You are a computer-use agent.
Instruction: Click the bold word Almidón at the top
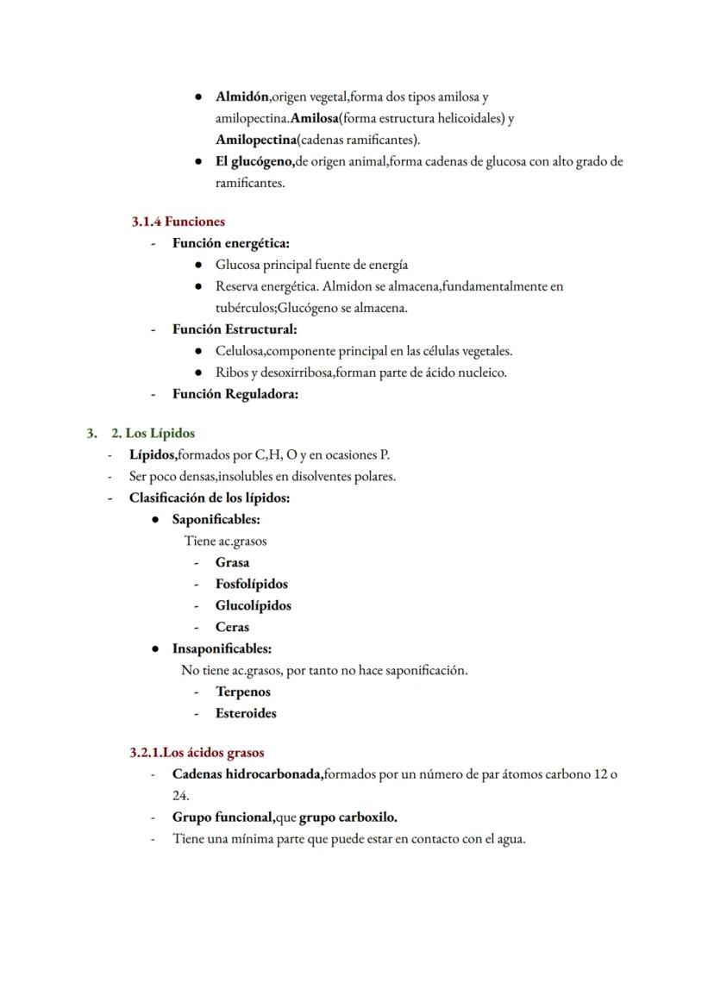pos(242,97)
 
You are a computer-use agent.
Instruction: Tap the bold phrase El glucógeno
pos(254,161)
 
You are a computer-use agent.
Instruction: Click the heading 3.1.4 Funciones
pos(178,222)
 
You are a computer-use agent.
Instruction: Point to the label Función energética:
pos(230,243)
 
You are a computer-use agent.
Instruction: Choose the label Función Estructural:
pos(234,329)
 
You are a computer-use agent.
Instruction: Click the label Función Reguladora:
pos(235,394)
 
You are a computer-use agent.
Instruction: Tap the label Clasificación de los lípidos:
pos(209,498)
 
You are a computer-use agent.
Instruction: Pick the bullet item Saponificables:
pos(216,519)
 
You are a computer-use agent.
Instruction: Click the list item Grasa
pos(232,562)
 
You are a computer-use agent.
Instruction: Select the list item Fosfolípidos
pos(251,584)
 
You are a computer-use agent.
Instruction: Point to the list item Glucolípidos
pos(253,605)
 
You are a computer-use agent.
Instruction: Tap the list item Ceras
pos(232,627)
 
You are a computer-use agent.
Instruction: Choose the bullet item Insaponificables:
pos(222,648)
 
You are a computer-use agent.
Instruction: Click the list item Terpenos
pos(242,692)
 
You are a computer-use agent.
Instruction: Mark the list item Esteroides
pos(246,713)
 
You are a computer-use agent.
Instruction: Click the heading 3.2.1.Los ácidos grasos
pos(197,753)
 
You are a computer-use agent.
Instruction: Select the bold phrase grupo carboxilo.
pos(348,817)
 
